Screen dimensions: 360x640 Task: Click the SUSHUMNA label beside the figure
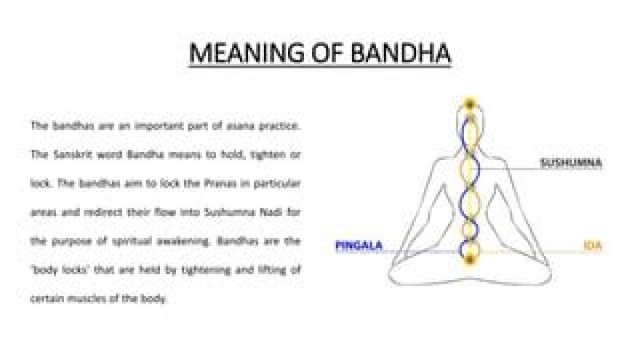pos(573,164)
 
